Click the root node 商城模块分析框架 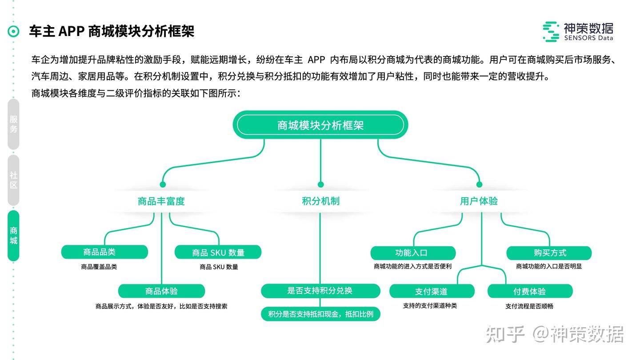tap(320, 125)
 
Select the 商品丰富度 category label tap(161, 201)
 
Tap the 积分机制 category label tap(320, 201)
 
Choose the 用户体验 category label tap(479, 201)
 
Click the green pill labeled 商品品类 tap(104, 252)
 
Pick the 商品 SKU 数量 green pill tap(218, 252)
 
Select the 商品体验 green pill tap(161, 291)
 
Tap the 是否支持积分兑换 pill tap(320, 291)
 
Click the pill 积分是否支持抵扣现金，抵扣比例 tap(320, 314)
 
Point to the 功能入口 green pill tap(413, 253)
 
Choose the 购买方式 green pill tap(549, 253)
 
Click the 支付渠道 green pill tap(432, 291)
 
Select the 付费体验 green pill tap(530, 291)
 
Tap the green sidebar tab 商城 tap(13, 236)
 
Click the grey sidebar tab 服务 tap(13, 124)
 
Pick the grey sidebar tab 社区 tap(13, 180)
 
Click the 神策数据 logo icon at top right tap(551, 32)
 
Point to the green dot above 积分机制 tap(320, 184)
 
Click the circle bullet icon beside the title tap(13, 32)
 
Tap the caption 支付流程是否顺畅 tap(529, 306)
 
